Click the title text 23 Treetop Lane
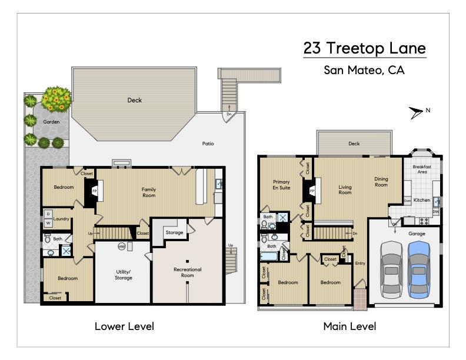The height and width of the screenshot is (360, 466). (x=364, y=48)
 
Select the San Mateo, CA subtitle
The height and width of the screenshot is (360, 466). (x=364, y=70)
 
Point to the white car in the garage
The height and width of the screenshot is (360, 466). (x=391, y=268)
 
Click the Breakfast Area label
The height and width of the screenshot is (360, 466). (x=422, y=169)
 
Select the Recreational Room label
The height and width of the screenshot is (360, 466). (x=187, y=272)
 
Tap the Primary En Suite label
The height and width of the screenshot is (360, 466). (x=281, y=185)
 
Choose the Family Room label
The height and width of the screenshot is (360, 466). (x=148, y=192)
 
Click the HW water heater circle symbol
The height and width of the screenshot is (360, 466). (x=121, y=246)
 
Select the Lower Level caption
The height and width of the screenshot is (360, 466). (x=124, y=326)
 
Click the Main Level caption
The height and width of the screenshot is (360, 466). (x=349, y=326)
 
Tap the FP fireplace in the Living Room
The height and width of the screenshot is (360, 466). (x=311, y=191)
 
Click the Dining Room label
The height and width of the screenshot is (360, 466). (x=381, y=182)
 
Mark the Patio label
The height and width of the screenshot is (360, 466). (x=208, y=144)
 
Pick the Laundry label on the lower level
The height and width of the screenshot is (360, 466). (x=62, y=219)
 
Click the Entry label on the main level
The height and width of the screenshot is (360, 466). (x=360, y=263)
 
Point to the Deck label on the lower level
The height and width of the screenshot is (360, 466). (x=135, y=100)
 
